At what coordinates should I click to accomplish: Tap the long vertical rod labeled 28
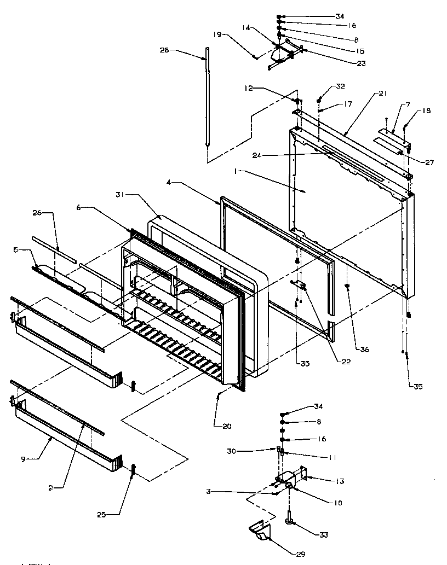(x=208, y=98)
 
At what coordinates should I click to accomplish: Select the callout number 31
(x=121, y=194)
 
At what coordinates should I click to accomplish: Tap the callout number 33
(x=324, y=534)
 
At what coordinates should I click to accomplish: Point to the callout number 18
(x=426, y=111)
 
